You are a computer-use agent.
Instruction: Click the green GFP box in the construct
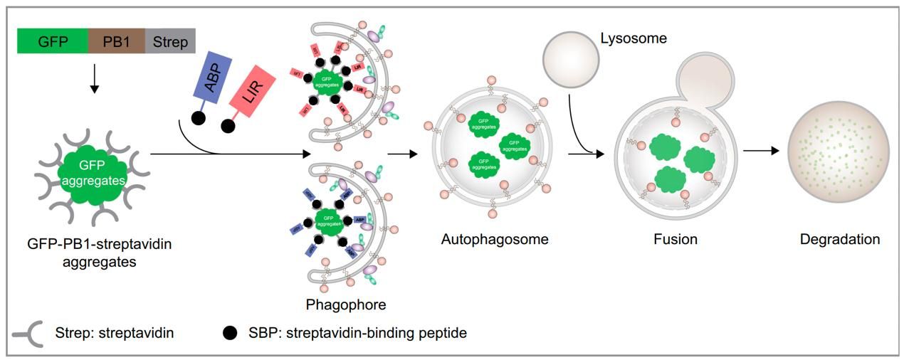[x=53, y=42]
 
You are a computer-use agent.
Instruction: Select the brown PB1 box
[x=116, y=42]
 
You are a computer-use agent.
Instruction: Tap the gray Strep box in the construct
[x=170, y=42]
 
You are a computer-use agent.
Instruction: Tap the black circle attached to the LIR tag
[x=228, y=126]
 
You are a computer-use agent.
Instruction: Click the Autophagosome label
[x=495, y=239]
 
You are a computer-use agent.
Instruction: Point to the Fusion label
[x=675, y=239]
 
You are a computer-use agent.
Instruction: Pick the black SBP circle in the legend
[x=229, y=332]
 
